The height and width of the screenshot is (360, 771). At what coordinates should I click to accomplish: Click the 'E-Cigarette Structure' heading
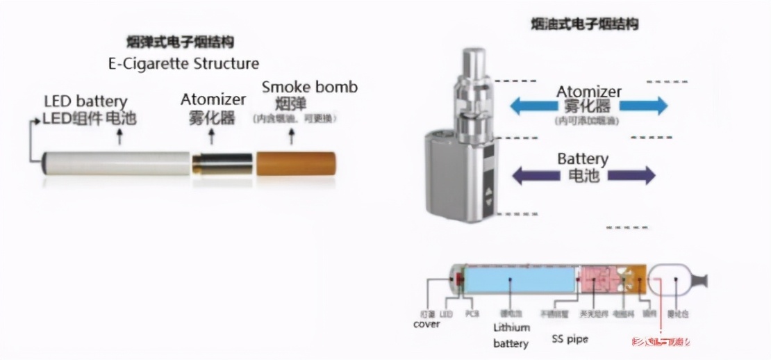pos(183,64)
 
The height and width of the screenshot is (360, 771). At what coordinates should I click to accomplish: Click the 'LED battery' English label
pos(85,102)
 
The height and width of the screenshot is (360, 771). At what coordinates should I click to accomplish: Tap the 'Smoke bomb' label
pos(309,88)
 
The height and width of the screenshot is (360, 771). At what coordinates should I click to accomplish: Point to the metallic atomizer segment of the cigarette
pos(222,163)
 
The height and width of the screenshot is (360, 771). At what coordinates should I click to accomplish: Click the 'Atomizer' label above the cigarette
pos(213,99)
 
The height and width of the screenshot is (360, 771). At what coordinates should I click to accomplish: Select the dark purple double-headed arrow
pos(583,174)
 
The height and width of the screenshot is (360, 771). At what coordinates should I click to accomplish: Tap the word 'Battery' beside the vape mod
pos(582,159)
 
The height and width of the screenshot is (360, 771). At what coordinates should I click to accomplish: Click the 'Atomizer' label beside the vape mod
pos(588,92)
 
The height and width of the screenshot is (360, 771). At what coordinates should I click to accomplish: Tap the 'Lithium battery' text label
pos(511,335)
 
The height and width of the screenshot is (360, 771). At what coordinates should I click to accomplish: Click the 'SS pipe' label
pos(570,339)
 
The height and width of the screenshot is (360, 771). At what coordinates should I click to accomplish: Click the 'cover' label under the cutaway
pos(426,324)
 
